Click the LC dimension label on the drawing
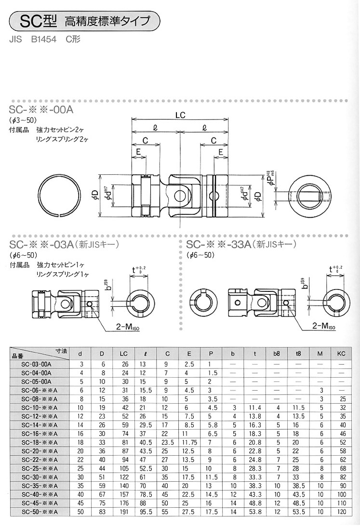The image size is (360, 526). click(x=180, y=115)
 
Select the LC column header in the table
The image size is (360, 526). click(x=123, y=354)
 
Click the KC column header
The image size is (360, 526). click(x=341, y=354)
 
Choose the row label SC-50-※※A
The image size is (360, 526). click(x=39, y=512)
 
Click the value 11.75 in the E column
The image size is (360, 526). click(x=189, y=443)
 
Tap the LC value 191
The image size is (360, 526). click(x=123, y=512)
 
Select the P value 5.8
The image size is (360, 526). click(x=212, y=425)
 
